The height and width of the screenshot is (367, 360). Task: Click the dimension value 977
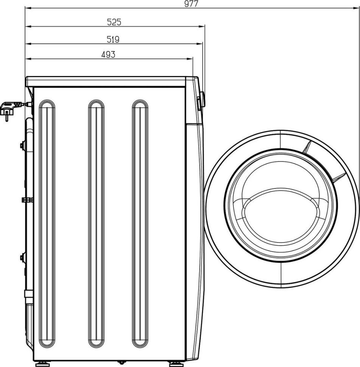click(191, 4)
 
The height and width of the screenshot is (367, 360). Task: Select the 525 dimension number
click(114, 22)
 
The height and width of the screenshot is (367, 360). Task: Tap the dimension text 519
click(113, 39)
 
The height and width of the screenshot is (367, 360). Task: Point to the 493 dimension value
click(108, 54)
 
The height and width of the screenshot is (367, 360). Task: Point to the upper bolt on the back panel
click(23, 145)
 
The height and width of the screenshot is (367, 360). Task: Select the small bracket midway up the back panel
click(27, 200)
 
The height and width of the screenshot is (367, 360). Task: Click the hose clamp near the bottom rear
click(28, 294)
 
